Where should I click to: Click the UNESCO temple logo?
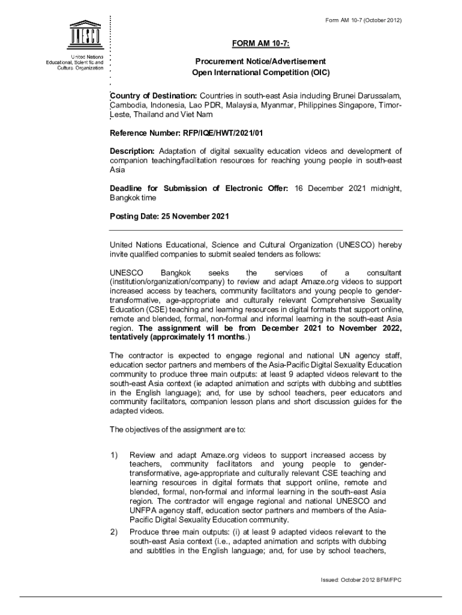coord(80,37)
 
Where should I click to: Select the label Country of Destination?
coord(154,96)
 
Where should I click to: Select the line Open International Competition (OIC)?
coord(260,72)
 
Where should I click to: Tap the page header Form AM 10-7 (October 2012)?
coord(359,21)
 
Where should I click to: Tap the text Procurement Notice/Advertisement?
coord(260,62)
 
